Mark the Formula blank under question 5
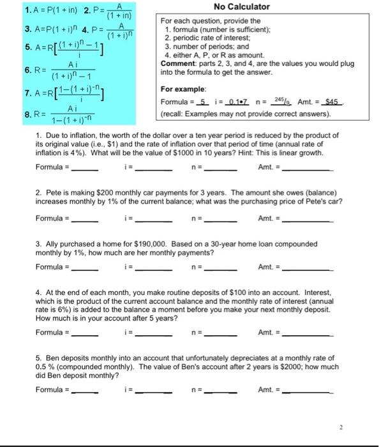(x=85, y=389)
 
